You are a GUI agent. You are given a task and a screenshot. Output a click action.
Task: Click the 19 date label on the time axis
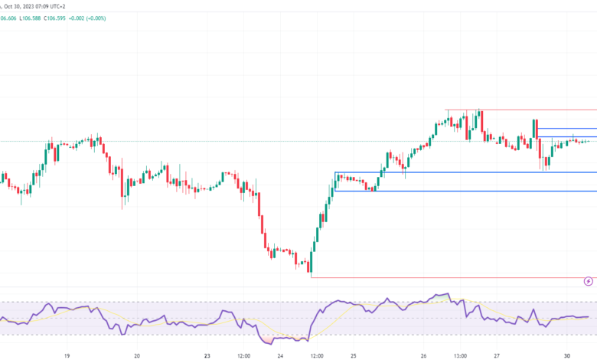(67, 355)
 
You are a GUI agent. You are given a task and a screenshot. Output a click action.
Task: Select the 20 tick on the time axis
(137, 355)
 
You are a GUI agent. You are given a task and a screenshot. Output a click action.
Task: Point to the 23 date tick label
(207, 355)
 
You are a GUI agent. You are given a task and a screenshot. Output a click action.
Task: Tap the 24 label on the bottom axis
(280, 355)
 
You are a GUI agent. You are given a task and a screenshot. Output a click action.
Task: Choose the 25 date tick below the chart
(354, 355)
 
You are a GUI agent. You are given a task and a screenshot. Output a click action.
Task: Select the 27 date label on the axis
(497, 355)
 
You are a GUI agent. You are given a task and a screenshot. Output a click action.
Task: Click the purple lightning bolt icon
(588, 281)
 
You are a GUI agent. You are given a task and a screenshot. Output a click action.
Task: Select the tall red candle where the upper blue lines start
(536, 129)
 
